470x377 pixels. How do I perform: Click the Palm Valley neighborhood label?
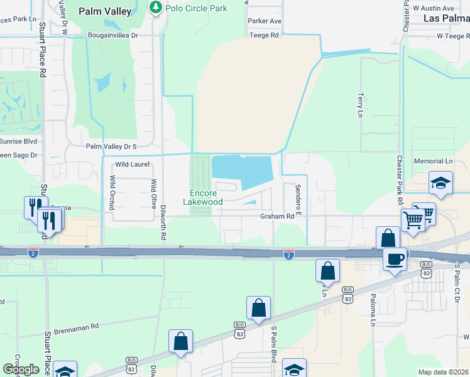click(105, 11)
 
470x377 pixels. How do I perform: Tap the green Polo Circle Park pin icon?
click(155, 8)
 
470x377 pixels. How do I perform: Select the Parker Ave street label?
click(265, 21)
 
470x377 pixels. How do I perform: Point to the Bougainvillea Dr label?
click(112, 36)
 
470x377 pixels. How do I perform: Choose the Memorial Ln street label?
click(433, 161)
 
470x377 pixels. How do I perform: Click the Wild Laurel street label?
click(132, 165)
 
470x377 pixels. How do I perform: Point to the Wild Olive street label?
click(153, 193)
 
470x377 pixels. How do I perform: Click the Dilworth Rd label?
click(163, 223)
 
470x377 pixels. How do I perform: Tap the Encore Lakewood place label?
click(203, 198)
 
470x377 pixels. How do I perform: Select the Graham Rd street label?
click(277, 216)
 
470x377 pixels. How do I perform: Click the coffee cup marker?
click(395, 259)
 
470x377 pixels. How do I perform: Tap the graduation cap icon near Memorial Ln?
click(440, 183)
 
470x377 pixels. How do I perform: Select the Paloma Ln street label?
click(372, 311)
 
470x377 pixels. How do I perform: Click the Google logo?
click(21, 369)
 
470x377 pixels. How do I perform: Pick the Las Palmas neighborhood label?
click(446, 18)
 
